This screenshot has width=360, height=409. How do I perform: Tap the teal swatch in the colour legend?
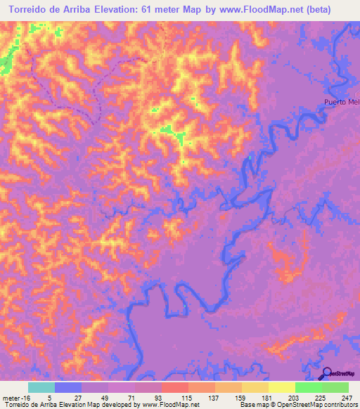[41, 387]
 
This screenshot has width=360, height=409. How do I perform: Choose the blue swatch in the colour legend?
[68, 387]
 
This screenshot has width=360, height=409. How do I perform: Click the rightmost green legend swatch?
[335, 387]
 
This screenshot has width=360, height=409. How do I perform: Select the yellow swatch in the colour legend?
[282, 387]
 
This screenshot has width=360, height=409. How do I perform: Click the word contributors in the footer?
[341, 405]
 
